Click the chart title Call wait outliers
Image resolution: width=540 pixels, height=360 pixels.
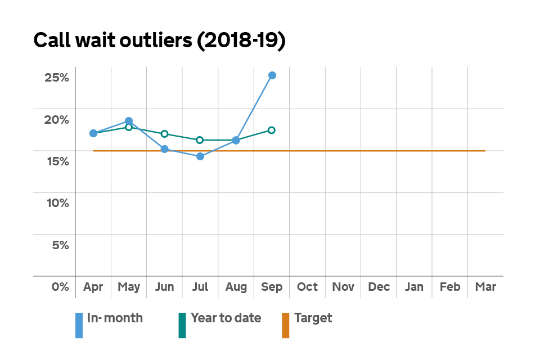[160, 41]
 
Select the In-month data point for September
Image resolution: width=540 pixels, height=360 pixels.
[272, 75]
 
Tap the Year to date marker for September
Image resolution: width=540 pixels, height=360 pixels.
[272, 130]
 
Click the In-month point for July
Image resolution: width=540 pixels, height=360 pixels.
[200, 156]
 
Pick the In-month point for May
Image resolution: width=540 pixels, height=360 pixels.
[129, 121]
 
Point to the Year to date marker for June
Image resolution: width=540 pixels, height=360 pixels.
[164, 134]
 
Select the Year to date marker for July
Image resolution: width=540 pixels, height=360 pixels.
[200, 140]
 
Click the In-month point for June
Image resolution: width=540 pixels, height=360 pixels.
[164, 149]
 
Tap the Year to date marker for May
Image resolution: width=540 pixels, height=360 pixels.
[129, 127]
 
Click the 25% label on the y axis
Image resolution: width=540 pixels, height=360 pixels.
[57, 78]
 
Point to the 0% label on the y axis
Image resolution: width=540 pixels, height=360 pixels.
[60, 287]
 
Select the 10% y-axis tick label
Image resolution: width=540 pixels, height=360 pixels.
[57, 203]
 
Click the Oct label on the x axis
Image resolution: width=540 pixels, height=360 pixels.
[307, 287]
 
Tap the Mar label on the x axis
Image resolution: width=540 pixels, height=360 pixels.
[485, 287]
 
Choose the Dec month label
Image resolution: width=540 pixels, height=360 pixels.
[379, 287]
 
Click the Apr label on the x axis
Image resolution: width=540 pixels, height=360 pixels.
[93, 287]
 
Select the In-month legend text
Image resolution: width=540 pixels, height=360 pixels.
[115, 318]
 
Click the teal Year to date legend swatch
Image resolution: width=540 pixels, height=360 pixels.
[182, 325]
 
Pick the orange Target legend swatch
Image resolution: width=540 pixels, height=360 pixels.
[285, 325]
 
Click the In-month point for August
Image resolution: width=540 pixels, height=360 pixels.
[236, 140]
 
